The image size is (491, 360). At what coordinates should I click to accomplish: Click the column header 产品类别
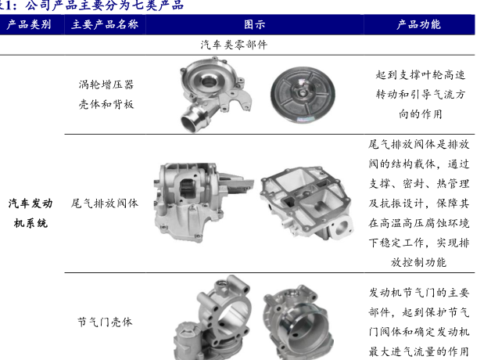click(29, 24)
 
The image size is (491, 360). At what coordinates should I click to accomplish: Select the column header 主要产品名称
click(105, 24)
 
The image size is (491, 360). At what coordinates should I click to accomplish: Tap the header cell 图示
click(254, 24)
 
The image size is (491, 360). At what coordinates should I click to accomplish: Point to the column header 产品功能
click(418, 24)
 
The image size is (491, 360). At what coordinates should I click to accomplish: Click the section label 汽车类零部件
click(234, 45)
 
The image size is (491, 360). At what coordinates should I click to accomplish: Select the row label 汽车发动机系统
click(30, 213)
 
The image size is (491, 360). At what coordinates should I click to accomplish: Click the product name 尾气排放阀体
click(104, 203)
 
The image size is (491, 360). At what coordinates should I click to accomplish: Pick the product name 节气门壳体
click(105, 322)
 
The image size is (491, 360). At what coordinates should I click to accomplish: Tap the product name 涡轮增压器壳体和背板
click(106, 95)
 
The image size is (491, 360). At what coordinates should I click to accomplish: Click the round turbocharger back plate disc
click(303, 95)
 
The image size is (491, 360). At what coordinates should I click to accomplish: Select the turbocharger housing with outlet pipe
click(215, 94)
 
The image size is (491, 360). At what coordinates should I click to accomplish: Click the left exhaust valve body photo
click(203, 203)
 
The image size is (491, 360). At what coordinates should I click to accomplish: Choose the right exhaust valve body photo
click(306, 203)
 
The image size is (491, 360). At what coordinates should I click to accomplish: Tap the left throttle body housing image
click(212, 318)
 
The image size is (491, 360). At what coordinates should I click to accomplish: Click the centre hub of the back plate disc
click(303, 93)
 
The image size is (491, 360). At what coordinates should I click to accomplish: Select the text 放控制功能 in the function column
click(418, 262)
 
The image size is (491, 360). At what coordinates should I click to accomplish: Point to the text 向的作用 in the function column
click(420, 113)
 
